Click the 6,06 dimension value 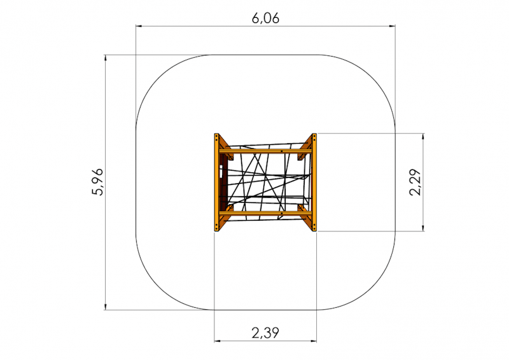[265, 18]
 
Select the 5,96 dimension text [97, 182]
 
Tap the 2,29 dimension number [415, 182]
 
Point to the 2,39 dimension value [265, 333]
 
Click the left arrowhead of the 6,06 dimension [139, 25]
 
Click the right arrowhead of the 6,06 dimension [393, 25]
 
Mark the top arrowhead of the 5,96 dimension [105, 58]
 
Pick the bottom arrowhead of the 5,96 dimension [105, 307]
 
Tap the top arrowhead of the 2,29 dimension [422, 136]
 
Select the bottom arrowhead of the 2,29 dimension [422, 228]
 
